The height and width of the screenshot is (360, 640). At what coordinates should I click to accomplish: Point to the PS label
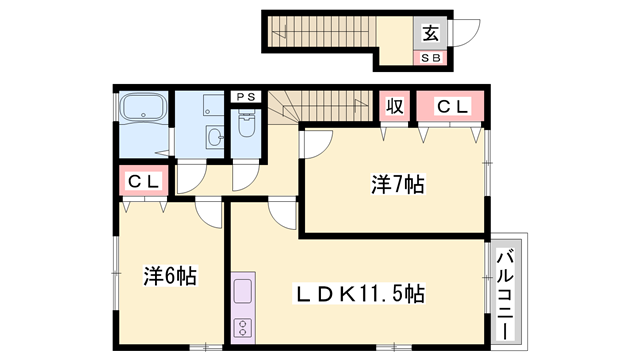(246, 97)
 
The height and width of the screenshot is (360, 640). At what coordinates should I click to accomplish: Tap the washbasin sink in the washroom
(215, 137)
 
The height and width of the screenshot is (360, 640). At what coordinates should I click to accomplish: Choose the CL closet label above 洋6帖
(142, 183)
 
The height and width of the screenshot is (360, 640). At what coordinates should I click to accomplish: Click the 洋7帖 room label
(398, 184)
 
